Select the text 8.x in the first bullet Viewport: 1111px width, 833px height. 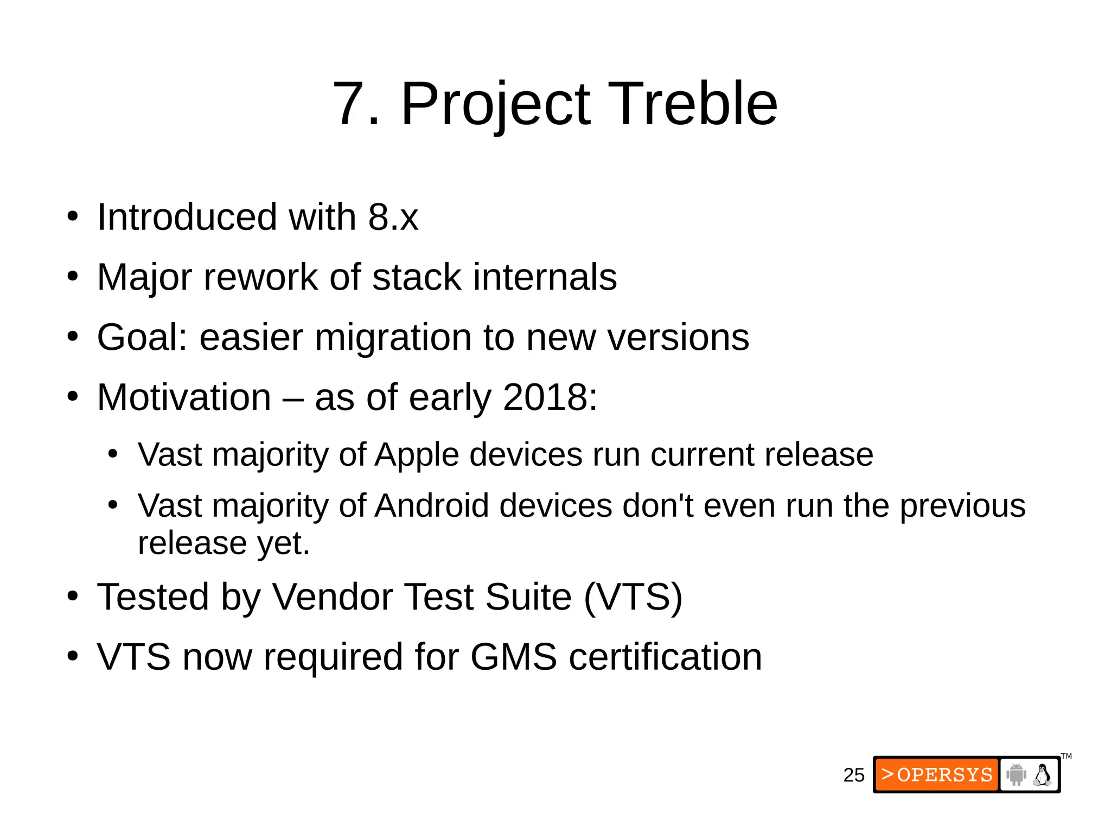tap(393, 217)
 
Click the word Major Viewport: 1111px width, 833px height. tap(145, 278)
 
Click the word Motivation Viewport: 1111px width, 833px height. tap(184, 398)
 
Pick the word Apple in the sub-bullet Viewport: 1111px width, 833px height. tap(417, 454)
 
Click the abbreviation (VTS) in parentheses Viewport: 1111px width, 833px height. tap(633, 597)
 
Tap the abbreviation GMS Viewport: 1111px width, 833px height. tap(513, 657)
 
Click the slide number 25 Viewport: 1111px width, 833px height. tap(853, 775)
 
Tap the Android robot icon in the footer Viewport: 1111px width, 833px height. tap(1016, 774)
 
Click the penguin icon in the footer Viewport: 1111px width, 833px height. tap(1042, 774)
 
